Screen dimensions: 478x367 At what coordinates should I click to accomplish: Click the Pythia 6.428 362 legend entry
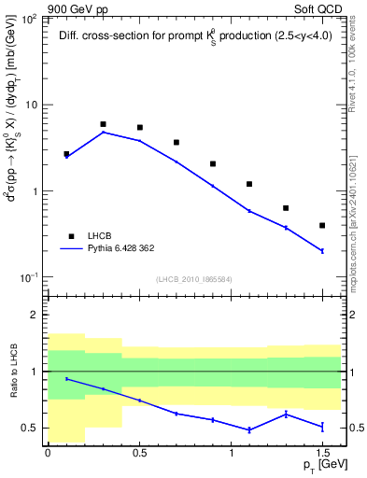point(129,249)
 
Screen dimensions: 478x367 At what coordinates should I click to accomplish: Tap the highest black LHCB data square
point(103,124)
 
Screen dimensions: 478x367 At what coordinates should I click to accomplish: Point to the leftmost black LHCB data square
point(66,154)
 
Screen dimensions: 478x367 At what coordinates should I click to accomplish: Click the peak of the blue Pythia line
point(103,133)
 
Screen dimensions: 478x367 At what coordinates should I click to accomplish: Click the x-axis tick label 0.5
point(139,454)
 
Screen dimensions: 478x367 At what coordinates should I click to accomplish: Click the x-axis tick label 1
point(231,454)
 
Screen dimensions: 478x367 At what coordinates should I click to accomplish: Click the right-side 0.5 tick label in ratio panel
point(356,428)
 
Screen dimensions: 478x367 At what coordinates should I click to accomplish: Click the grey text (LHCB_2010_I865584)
point(194,278)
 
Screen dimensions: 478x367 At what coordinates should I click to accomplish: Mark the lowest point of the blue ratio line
point(249,429)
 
